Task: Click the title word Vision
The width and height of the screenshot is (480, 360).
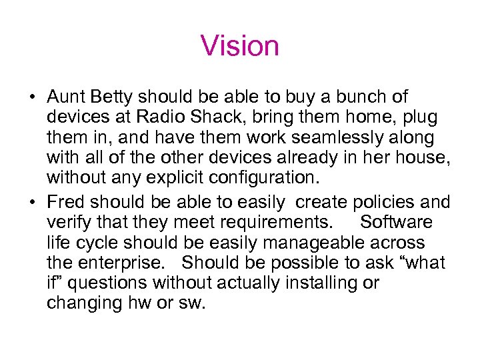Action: click(x=239, y=46)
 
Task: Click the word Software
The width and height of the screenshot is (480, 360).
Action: click(x=396, y=222)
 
